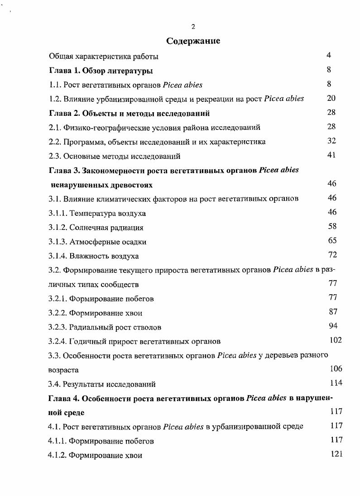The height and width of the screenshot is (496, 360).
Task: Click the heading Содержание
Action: tap(193, 41)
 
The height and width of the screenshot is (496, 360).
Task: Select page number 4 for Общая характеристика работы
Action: tap(329, 55)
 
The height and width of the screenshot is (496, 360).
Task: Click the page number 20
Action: tap(331, 98)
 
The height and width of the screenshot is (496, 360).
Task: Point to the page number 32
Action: tap(331, 141)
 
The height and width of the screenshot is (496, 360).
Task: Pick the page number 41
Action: tap(331, 155)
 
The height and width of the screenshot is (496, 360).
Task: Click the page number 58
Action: tap(332, 226)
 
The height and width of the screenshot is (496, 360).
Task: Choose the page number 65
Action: tap(332, 241)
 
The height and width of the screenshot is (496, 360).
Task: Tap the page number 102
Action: tap(336, 340)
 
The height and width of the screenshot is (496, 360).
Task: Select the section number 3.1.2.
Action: tap(58, 228)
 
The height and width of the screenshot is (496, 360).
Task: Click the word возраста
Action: tap(63, 370)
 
